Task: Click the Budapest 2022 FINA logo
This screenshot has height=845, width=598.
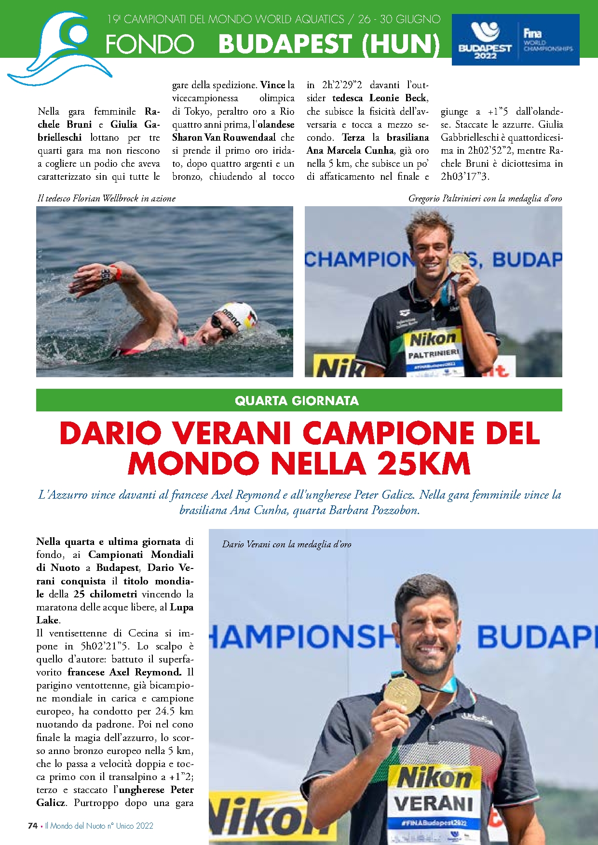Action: click(x=515, y=40)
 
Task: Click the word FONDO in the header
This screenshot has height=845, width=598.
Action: click(x=149, y=44)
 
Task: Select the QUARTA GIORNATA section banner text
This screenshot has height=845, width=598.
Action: click(x=297, y=400)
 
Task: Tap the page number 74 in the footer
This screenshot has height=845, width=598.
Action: click(x=33, y=825)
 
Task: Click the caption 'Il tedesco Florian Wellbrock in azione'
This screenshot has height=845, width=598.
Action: click(x=106, y=198)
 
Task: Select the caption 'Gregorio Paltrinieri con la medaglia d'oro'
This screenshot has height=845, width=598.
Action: click(x=485, y=198)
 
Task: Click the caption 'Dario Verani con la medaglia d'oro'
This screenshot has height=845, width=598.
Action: click(x=286, y=544)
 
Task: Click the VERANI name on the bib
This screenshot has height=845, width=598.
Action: click(x=433, y=803)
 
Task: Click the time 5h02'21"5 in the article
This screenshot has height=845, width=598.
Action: click(x=105, y=646)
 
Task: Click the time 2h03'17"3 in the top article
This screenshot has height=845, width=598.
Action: click(x=465, y=176)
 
